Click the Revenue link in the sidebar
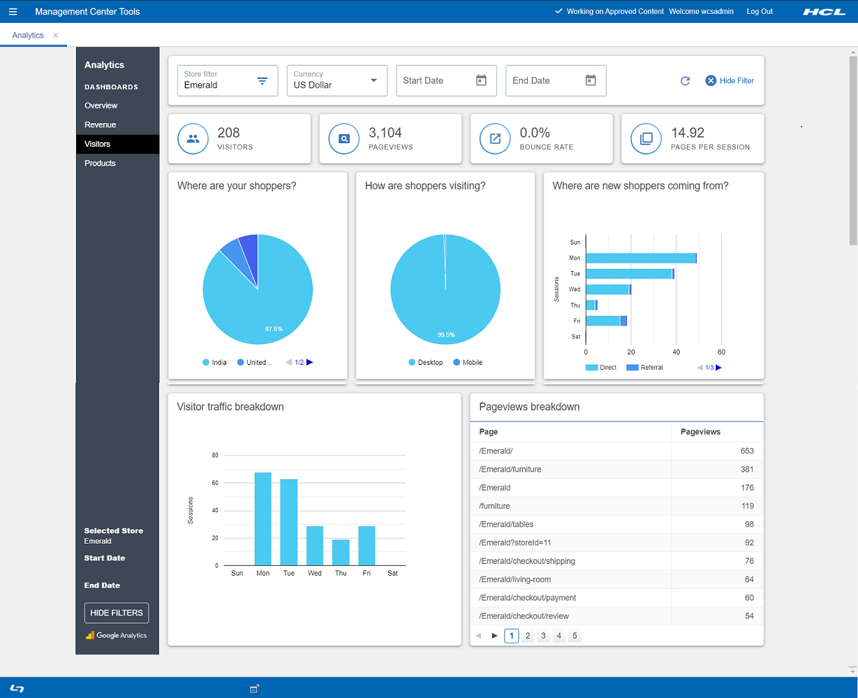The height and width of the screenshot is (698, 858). click(100, 124)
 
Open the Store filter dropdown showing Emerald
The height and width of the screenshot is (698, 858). click(227, 80)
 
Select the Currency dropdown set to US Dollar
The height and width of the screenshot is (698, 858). click(336, 80)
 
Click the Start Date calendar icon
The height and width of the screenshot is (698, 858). click(481, 80)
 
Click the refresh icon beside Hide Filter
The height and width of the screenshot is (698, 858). click(685, 80)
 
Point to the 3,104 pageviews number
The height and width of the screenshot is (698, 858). click(385, 133)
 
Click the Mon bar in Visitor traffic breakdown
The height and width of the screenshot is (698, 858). click(262, 518)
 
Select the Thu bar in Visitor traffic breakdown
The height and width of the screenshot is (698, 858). click(341, 552)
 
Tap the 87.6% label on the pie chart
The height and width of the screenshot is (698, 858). click(274, 328)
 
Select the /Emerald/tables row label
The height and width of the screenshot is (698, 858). click(506, 524)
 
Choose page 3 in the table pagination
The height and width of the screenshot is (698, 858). click(543, 636)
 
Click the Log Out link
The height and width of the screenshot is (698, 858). click(760, 11)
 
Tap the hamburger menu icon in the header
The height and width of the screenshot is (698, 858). click(13, 11)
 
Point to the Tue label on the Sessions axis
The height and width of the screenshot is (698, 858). click(575, 274)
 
